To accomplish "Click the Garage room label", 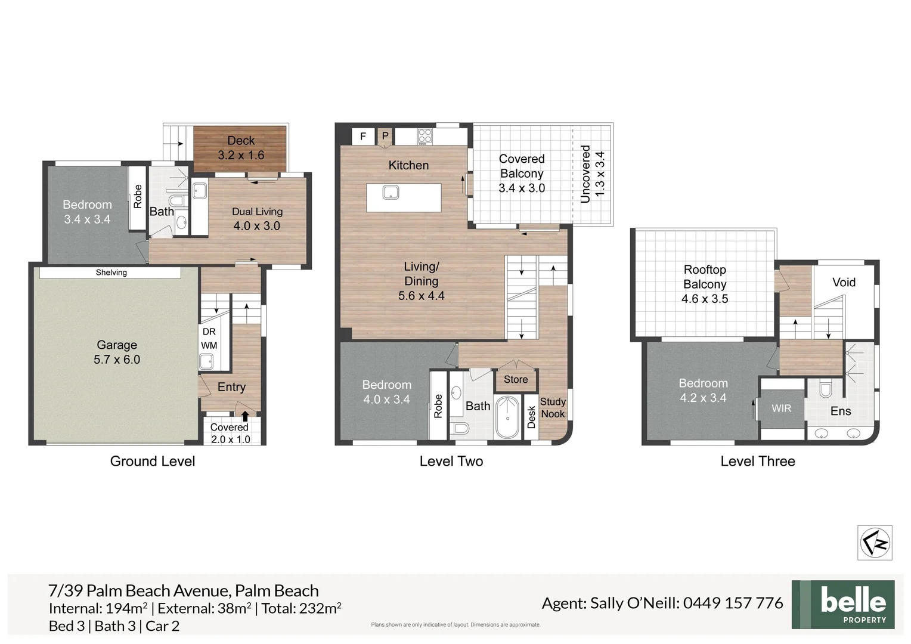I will (117, 352).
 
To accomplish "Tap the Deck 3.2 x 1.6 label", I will (241, 148).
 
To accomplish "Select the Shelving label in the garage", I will (111, 273).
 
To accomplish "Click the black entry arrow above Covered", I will (245, 416).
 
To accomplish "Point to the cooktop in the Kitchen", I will (424, 136).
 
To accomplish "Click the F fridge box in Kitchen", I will (362, 137).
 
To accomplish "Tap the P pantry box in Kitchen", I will (385, 137).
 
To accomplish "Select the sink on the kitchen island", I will (391, 192).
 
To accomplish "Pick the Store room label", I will (516, 379).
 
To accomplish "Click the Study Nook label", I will (553, 408).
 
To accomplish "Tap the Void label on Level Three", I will (844, 282).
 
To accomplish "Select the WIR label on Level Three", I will (781, 408).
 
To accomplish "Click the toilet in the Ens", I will (826, 390).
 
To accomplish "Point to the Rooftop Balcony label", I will (705, 284).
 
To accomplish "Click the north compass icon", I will (875, 543).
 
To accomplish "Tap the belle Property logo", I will (843, 604).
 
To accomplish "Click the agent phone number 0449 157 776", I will (733, 603).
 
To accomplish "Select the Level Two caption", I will (451, 461).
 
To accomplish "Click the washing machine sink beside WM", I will (206, 361).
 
